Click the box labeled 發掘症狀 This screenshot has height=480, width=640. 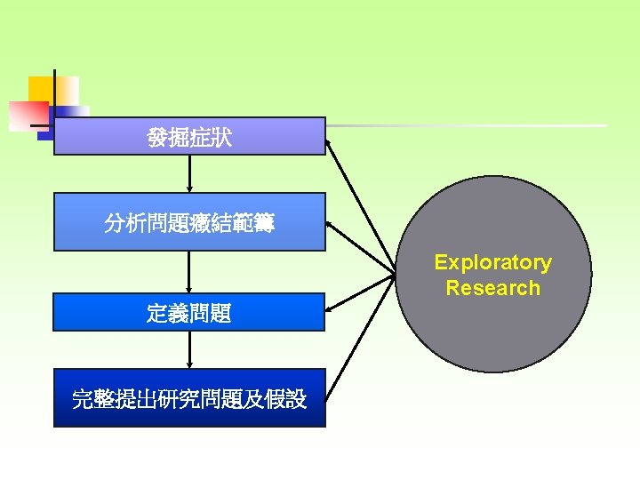coord(189,137)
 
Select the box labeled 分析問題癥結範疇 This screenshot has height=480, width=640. coord(189,221)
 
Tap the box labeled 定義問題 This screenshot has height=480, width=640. coord(189,312)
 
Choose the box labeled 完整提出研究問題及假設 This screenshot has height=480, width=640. coord(189,398)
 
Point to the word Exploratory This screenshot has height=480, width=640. coord(492,262)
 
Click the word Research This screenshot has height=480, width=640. coord(492,288)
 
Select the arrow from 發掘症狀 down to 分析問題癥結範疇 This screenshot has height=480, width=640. coord(189,174)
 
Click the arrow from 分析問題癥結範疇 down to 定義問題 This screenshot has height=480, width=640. coord(189,272)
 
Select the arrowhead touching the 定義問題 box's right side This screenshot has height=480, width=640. coord(332,308)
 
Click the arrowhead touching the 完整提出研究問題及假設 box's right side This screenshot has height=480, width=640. coord(331,392)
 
